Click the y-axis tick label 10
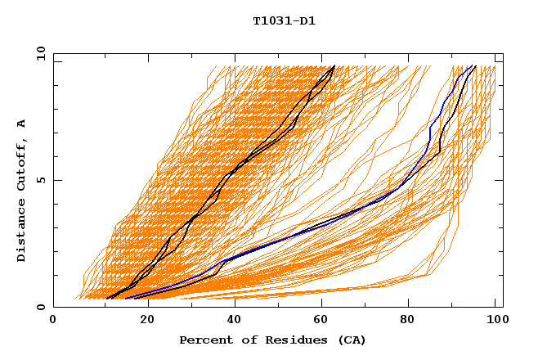coord(40,53)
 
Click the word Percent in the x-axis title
coord(204,340)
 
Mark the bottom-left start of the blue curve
coord(127,299)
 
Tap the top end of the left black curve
coord(334,65)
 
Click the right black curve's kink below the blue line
coord(440,152)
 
